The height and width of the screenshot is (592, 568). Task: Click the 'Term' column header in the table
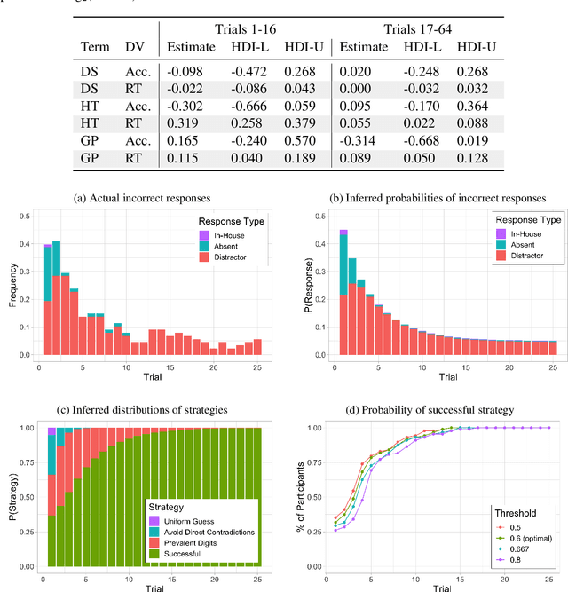96,47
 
